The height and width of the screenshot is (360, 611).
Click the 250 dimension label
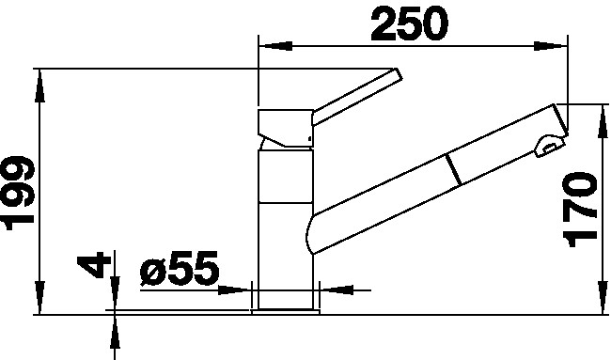pyautogui.click(x=409, y=24)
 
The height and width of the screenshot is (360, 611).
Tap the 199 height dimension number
pyautogui.click(x=18, y=193)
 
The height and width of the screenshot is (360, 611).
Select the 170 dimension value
pyautogui.click(x=580, y=210)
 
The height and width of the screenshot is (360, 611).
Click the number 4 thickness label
pyautogui.click(x=91, y=264)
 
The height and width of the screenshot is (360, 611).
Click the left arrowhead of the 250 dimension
pyautogui.click(x=275, y=46)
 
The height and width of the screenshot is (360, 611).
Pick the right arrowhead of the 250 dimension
pyautogui.click(x=550, y=46)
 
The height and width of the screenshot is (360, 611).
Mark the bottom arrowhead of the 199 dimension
pyautogui.click(x=39, y=298)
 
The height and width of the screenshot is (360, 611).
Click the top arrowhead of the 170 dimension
pyautogui.click(x=603, y=121)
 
